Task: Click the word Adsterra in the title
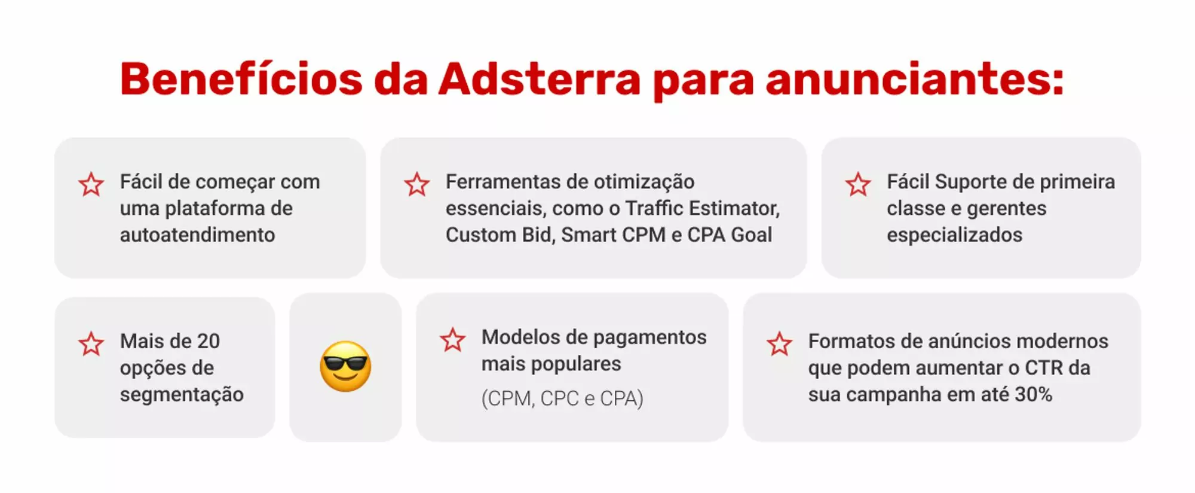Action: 540,79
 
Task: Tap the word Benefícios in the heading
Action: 241,79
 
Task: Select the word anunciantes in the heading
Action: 914,79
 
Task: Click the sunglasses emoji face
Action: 345,366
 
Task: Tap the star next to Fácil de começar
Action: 91,184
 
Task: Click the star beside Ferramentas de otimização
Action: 416,184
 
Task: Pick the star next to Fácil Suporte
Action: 858,184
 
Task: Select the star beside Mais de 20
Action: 91,344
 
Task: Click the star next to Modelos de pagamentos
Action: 452,340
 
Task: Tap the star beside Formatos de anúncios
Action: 779,344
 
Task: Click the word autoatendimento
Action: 197,235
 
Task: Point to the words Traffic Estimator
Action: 702,208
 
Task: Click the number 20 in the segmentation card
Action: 208,341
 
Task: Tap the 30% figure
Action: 1033,394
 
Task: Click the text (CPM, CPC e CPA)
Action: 562,398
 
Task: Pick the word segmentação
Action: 182,395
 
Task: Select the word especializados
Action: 954,235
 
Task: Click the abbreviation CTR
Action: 1045,368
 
